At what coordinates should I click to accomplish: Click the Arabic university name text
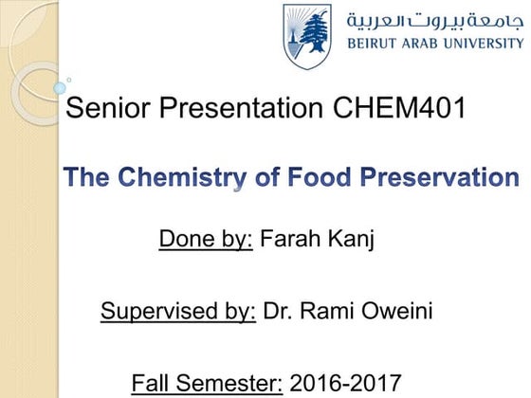click(x=434, y=20)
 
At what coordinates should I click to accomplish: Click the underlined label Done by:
click(x=206, y=240)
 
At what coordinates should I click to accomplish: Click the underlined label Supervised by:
click(x=179, y=311)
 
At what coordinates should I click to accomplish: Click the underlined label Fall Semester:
click(x=208, y=383)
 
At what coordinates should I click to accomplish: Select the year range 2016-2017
click(x=346, y=383)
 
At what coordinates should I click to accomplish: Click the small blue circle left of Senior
click(x=60, y=88)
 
